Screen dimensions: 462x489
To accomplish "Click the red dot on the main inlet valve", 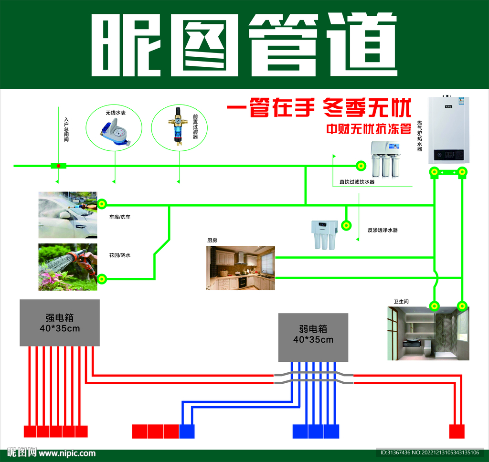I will [x=59, y=166].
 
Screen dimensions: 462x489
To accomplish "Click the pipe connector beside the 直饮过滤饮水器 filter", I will [x=361, y=166].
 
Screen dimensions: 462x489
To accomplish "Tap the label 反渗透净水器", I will [x=383, y=230].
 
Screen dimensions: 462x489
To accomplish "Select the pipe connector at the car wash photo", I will [x=102, y=205].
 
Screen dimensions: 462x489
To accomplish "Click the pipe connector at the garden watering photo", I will [x=102, y=279].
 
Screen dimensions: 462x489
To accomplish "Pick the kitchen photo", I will [x=241, y=268].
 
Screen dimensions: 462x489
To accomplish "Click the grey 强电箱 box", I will [x=60, y=323].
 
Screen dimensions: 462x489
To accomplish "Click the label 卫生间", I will [x=401, y=302].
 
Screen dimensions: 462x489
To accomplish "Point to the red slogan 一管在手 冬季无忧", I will [x=319, y=108].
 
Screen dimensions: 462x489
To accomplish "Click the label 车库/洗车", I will [x=120, y=217].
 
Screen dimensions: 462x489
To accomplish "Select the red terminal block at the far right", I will [x=457, y=431].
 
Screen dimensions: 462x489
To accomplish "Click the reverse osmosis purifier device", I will [x=324, y=234].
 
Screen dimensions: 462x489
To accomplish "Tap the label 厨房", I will [x=212, y=241].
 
